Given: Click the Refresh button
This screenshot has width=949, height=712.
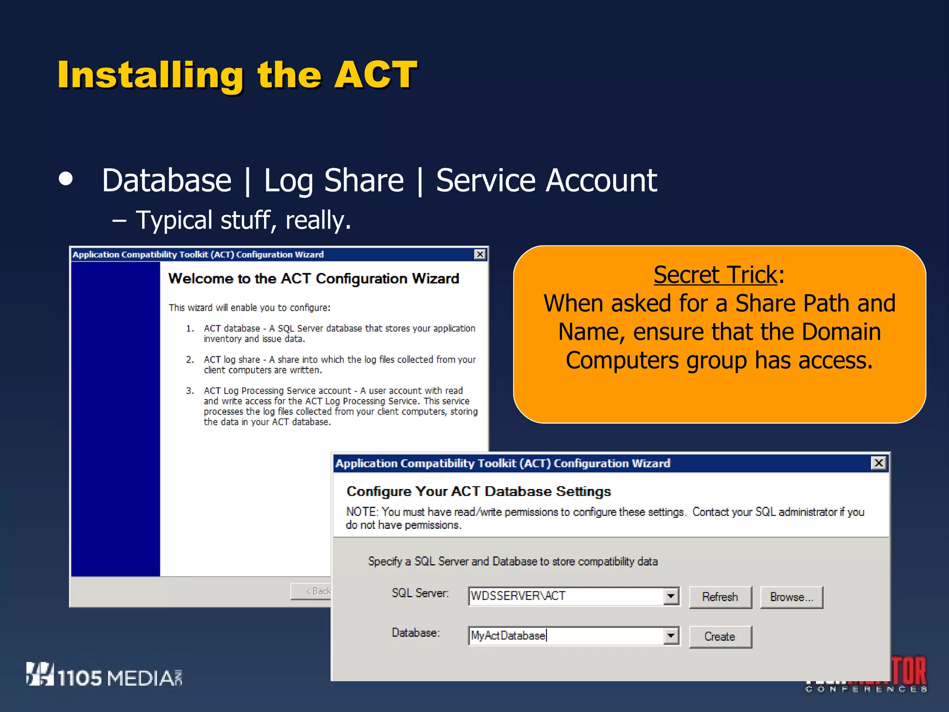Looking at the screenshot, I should (x=720, y=597).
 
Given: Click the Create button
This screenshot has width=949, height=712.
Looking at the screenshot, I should (x=720, y=636).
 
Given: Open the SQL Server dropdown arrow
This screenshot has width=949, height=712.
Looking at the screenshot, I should (x=671, y=596).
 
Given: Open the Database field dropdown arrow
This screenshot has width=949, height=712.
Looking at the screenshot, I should (x=671, y=636).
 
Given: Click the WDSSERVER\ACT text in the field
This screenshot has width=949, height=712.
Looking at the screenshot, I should (x=518, y=596).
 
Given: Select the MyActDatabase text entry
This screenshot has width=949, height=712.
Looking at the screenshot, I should (x=508, y=636).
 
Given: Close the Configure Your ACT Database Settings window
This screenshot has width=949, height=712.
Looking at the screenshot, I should (x=878, y=463).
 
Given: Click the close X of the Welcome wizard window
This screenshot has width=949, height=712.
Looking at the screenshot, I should (x=480, y=254).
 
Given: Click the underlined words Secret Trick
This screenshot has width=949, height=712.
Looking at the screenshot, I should (x=715, y=274).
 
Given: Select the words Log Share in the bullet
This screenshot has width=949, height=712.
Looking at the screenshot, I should (x=334, y=180).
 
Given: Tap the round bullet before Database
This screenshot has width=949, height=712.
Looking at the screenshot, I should (x=66, y=179).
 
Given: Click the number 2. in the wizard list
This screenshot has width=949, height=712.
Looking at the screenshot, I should (x=190, y=360).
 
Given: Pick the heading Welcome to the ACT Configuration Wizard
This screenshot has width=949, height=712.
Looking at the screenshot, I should (x=314, y=278).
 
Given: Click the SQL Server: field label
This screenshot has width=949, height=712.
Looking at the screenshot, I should (x=420, y=593).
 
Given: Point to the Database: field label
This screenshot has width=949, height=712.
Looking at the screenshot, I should (x=416, y=633).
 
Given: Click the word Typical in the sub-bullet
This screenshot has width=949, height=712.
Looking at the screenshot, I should (x=174, y=220).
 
